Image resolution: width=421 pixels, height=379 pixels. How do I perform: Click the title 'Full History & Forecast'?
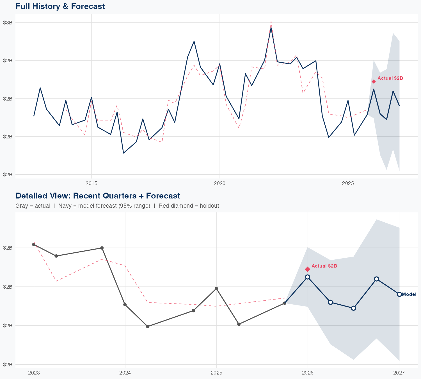60,6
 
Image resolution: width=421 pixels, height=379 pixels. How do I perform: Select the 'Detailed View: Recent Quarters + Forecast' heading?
98,196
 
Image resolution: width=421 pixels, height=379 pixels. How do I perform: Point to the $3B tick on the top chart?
8,23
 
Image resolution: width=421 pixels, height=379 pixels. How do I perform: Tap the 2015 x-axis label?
91,184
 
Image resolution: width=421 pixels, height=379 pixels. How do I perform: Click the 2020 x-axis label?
219,184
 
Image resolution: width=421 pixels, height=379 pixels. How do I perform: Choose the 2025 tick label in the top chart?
348,184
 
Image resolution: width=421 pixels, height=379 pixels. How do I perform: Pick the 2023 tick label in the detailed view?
34,373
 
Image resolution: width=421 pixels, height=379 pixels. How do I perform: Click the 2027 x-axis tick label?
399,373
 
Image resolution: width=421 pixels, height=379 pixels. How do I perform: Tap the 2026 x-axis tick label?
308,373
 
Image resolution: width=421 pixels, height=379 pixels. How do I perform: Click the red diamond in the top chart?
374,81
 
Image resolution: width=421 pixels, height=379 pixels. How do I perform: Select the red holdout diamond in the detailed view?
308,269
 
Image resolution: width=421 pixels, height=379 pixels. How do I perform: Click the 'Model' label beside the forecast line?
409,294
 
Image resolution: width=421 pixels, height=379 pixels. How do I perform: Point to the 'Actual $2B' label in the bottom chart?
324,266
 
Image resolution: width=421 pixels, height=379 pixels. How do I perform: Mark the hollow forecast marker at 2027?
399,294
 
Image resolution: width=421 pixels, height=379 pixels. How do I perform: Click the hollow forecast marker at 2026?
308,277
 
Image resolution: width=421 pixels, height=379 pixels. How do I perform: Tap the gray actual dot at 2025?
216,289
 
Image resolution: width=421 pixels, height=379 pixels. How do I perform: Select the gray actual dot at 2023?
34,245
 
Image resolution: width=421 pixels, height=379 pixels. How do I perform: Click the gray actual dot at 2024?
125,305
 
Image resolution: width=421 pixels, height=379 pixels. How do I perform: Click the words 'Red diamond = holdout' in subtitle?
189,206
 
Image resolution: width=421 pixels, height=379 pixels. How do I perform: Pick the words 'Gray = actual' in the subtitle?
33,206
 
